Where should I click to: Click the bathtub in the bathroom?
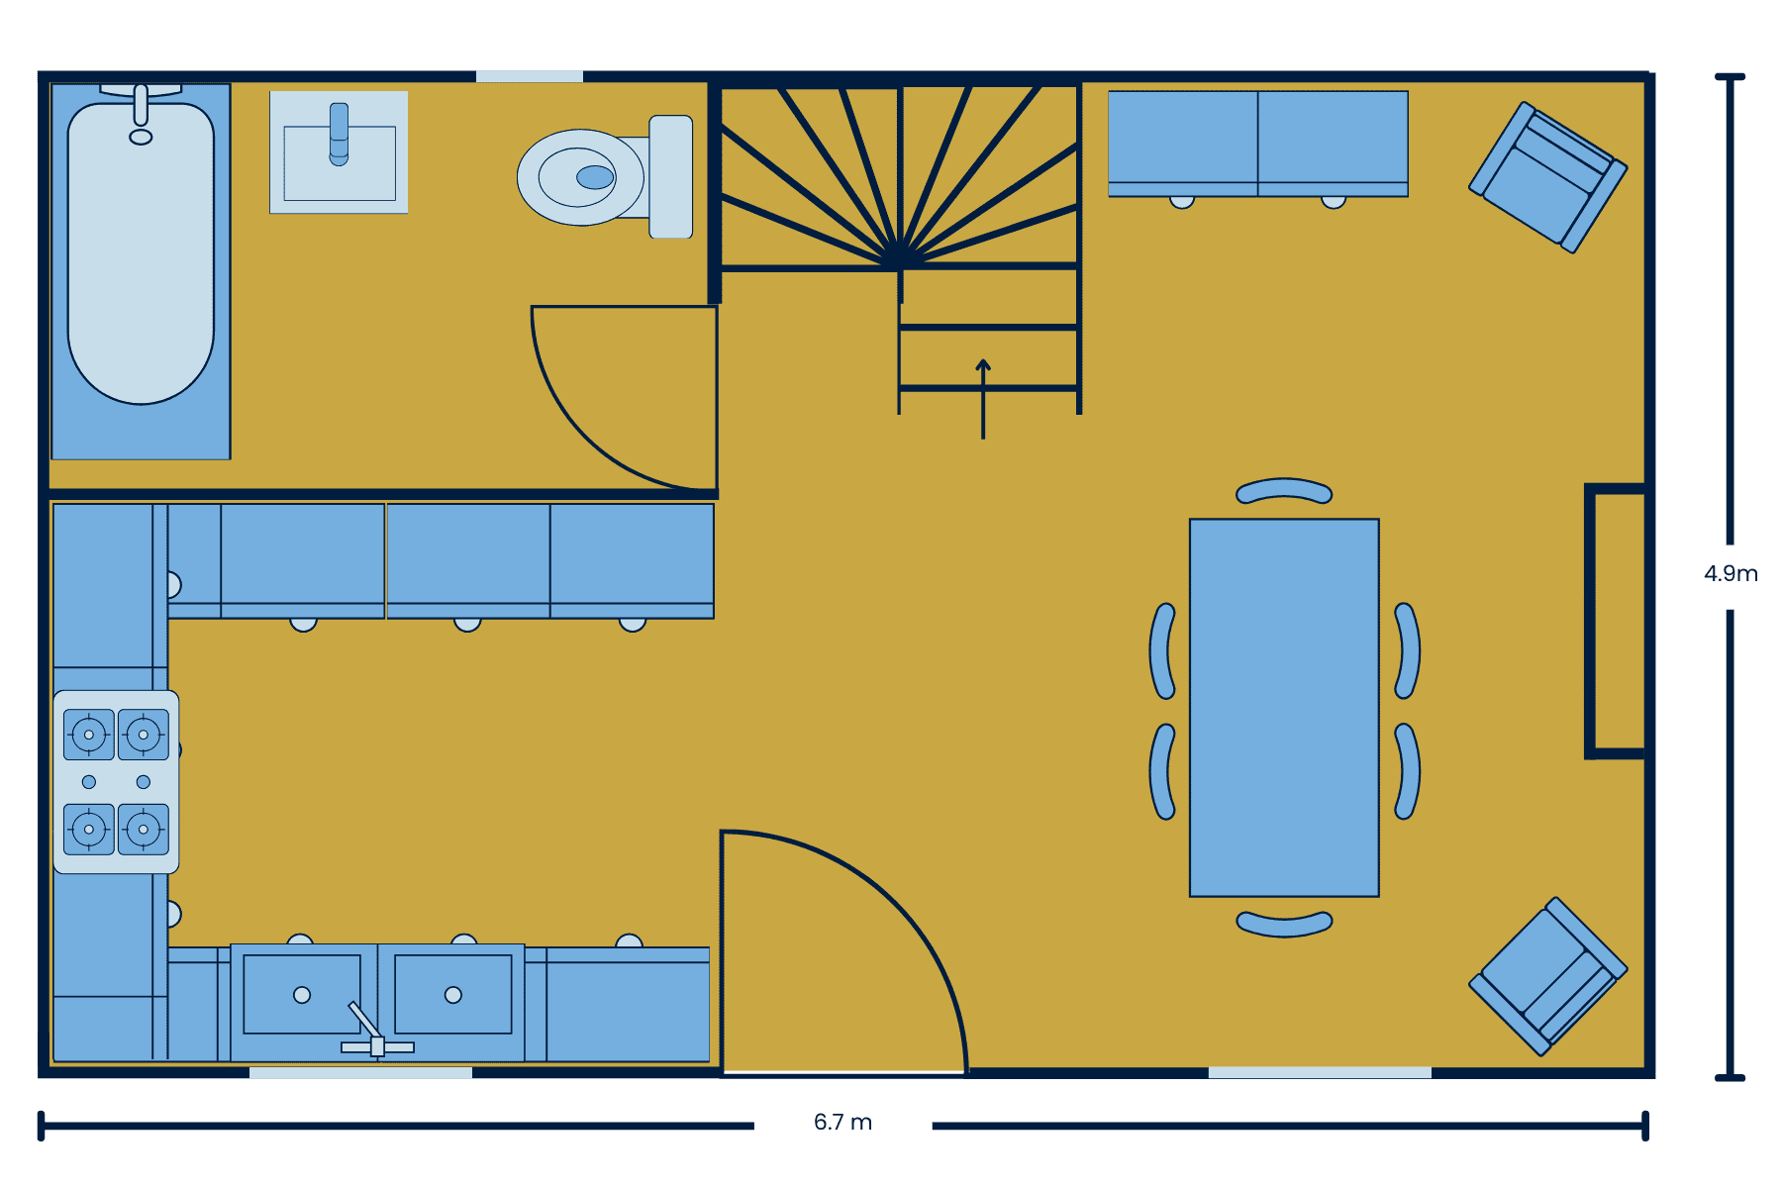[x=141, y=253]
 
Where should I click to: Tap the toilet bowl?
[x=581, y=177]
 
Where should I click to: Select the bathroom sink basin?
[x=340, y=163]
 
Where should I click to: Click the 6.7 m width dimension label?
[x=842, y=1123]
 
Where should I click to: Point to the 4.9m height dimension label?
[x=1731, y=574]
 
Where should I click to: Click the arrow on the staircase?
[x=983, y=398]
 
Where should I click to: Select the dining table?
[x=1284, y=708]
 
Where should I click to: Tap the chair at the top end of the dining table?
[x=1284, y=490]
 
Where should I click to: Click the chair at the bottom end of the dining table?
[x=1284, y=925]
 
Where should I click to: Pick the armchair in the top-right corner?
[x=1547, y=177]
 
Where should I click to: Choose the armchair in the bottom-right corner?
[x=1547, y=976]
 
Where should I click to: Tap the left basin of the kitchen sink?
[x=302, y=995]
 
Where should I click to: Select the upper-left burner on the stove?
[x=89, y=735]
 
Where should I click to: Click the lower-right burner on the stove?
[x=144, y=829]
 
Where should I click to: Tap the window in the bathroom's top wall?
[x=530, y=76]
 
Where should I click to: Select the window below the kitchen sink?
[x=360, y=1072]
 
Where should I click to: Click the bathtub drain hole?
[x=141, y=137]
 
